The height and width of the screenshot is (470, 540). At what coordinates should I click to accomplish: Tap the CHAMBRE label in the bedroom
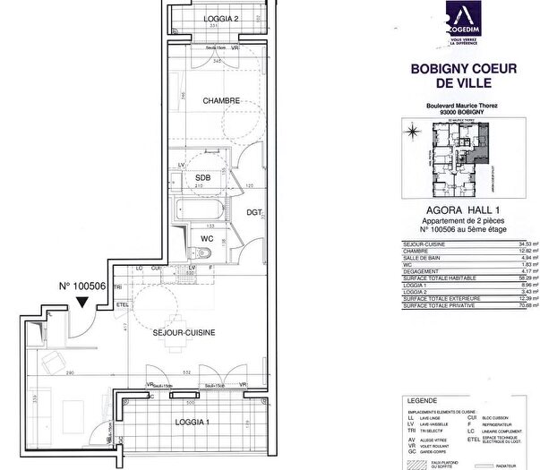[221, 101]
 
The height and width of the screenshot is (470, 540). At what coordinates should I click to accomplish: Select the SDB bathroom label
[203, 177]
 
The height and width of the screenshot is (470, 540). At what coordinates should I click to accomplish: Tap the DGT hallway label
[253, 213]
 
